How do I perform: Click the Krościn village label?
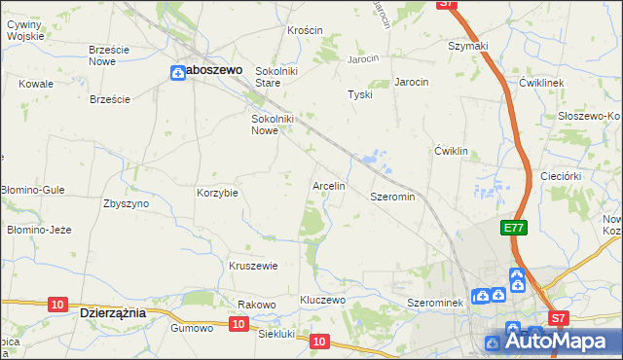pos(305,30)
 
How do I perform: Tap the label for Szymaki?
pos(467,46)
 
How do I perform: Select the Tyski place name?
pos(360,94)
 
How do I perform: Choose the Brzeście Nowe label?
pos(109,54)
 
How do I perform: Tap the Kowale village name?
pos(36,84)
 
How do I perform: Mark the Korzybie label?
pos(217,193)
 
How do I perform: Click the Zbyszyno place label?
pos(126,203)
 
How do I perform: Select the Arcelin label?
pos(328,185)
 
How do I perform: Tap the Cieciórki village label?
pos(561,176)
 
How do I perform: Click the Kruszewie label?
pos(253,266)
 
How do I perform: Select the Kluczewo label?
pos(323,300)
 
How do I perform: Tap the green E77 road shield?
pos(514,228)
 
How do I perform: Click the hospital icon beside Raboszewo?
pos(178,72)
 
